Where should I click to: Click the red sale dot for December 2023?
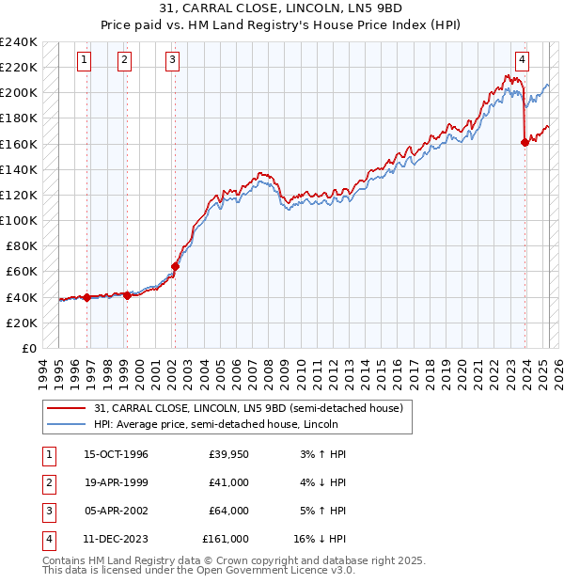(x=525, y=143)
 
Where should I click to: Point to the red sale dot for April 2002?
(x=175, y=266)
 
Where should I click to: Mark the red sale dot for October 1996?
(x=86, y=297)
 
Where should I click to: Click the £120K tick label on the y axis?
(x=18, y=195)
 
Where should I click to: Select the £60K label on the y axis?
(x=21, y=272)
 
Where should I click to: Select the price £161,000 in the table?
(x=226, y=540)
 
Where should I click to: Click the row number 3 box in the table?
(x=48, y=512)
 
